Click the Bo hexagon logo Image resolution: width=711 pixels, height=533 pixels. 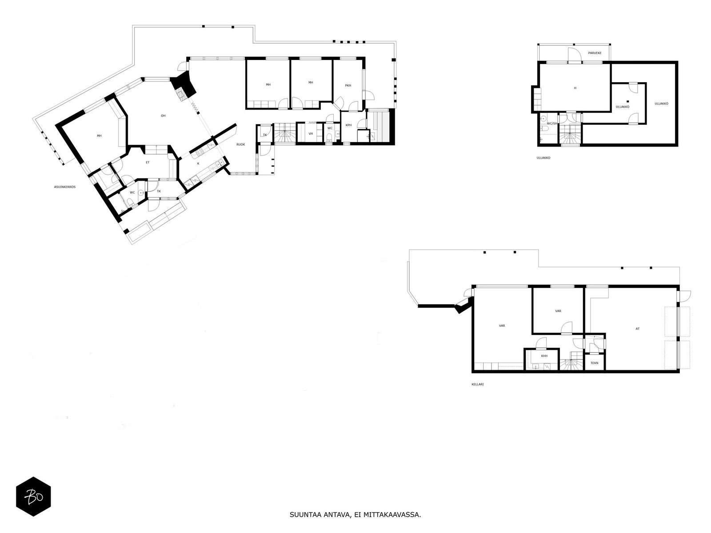point(33,496)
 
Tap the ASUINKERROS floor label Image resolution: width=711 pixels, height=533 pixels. point(64,187)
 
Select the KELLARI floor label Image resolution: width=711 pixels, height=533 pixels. point(477,384)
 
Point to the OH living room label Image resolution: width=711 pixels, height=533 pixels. point(163,116)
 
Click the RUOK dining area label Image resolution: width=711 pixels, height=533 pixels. point(240,144)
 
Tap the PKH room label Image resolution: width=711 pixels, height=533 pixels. point(348,86)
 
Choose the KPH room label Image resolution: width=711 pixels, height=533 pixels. point(349,125)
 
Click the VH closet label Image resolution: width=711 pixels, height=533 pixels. point(311,134)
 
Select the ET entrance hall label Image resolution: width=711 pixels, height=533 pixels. point(148,163)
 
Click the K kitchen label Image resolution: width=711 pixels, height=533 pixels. point(198,163)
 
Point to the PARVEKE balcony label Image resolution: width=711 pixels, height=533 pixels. point(595,53)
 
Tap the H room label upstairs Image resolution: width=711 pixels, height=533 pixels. point(575,88)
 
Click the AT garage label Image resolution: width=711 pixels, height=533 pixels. point(638,329)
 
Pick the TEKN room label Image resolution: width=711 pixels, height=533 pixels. point(594,363)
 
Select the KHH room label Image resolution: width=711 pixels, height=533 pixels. point(544,356)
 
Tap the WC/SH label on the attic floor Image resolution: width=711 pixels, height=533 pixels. point(551,123)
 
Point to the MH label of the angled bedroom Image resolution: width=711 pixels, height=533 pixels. point(99,136)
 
